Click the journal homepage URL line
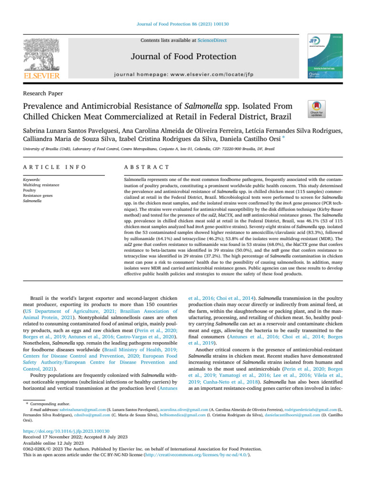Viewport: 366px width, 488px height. click(183, 75)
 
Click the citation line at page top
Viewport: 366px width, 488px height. click(183, 9)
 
